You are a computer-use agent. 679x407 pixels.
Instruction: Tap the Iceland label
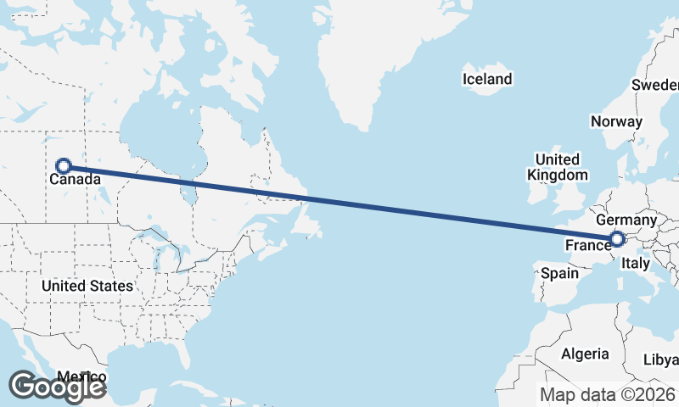click(487, 80)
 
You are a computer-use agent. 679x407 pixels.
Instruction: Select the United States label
click(87, 286)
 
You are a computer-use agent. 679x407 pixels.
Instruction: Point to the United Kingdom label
click(557, 167)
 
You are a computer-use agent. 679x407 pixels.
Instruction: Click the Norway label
click(616, 121)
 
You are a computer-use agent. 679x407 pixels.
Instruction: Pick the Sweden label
click(656, 85)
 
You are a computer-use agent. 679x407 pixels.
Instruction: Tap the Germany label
click(632, 220)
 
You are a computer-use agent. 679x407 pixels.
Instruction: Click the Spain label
click(559, 273)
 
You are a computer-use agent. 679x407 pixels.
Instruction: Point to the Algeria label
click(586, 354)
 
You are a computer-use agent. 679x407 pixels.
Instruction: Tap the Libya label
click(662, 359)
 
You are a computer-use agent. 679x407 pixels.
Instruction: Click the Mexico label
click(82, 376)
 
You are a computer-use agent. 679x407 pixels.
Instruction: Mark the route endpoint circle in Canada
click(63, 166)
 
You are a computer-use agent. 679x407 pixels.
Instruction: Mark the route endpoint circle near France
click(617, 240)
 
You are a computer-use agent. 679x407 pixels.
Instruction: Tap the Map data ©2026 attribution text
click(608, 394)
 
